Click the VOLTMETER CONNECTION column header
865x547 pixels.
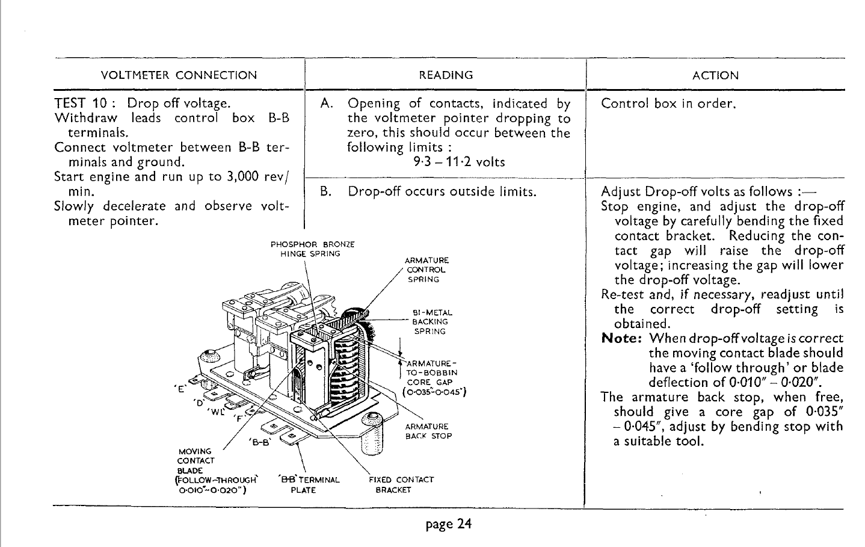coord(179,75)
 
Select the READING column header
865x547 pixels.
coord(446,75)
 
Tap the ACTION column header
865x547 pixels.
coord(715,75)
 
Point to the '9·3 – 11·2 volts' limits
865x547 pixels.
coord(459,162)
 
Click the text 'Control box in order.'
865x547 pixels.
coord(669,104)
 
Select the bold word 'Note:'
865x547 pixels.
coord(622,339)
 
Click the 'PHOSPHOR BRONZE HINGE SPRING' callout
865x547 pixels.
coord(312,249)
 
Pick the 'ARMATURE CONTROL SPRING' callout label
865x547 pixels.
coord(426,270)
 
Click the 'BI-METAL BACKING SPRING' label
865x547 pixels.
coord(431,322)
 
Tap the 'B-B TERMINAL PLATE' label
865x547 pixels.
coord(309,484)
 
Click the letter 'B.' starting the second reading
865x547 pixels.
coord(326,192)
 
